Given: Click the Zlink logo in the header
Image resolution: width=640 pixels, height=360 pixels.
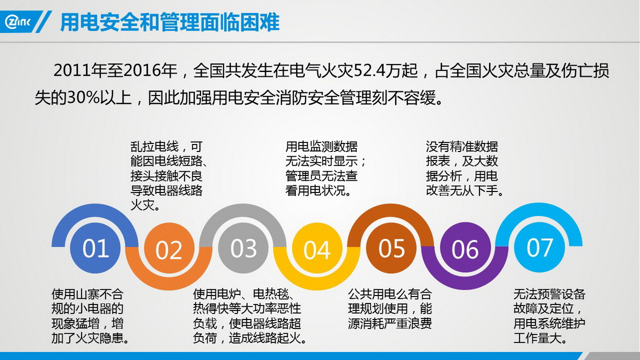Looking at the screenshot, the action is point(18,22).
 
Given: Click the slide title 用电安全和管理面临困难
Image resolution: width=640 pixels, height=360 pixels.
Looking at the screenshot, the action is point(170,22).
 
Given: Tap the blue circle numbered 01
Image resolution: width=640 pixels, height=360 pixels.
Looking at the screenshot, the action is point(95,248).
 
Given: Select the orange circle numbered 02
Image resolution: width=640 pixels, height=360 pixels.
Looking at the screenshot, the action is point(169,248).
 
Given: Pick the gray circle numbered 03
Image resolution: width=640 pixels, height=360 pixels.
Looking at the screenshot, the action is point(243,248).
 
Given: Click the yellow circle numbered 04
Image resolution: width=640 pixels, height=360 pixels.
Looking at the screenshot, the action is point(317,248).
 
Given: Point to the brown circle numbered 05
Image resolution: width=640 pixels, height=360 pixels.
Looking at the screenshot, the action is point(391,248).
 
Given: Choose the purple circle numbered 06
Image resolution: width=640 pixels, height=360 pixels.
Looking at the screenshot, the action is point(465,248).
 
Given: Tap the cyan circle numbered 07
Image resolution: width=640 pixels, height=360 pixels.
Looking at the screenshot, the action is point(539,247).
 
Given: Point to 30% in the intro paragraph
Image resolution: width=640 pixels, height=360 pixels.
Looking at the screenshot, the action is point(83,98).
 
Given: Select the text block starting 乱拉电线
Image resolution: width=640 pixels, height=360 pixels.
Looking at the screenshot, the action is point(169,175).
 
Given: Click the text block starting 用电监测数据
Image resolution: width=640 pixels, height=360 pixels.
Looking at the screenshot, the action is point(326,169).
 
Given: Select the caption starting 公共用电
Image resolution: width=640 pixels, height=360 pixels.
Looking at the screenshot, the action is point(390,309).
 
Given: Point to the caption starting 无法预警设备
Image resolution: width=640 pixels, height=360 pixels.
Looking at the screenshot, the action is point(549,316).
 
